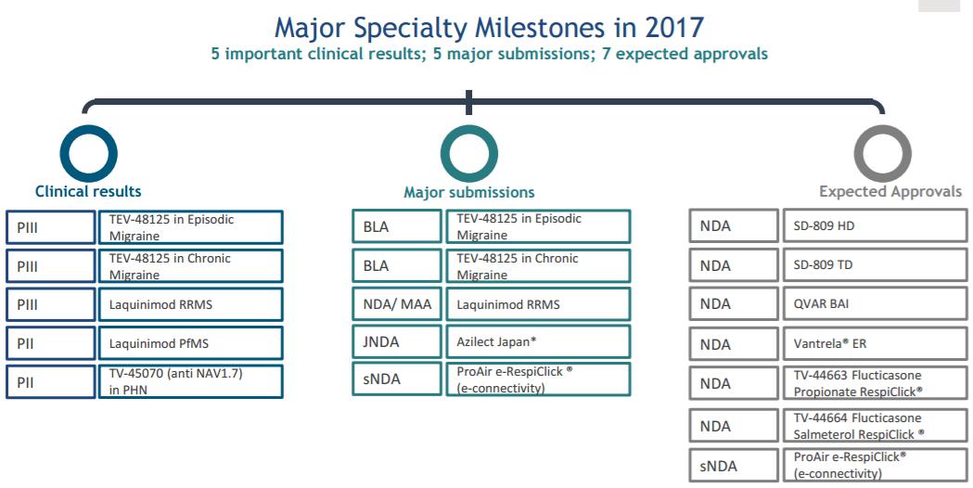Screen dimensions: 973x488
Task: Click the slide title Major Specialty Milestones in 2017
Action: tap(489, 27)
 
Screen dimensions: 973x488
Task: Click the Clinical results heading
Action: tap(88, 191)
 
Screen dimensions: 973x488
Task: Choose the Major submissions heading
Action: tap(469, 192)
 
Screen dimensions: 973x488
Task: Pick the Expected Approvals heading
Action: tap(890, 191)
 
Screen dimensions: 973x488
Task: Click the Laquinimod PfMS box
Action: tap(190, 343)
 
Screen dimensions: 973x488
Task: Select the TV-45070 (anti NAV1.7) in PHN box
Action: tap(190, 381)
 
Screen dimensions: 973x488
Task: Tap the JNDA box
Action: tap(396, 342)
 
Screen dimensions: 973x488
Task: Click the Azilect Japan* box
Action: tap(538, 342)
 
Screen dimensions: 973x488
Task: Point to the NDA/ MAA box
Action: tap(396, 304)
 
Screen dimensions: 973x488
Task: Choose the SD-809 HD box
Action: tap(875, 225)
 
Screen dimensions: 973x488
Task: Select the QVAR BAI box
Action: tap(875, 304)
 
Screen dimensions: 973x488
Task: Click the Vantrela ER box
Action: tap(875, 343)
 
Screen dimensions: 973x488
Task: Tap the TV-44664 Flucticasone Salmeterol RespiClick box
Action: tap(875, 426)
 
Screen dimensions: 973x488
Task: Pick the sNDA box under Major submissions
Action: tap(396, 379)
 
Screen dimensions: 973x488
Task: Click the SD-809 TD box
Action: tap(875, 265)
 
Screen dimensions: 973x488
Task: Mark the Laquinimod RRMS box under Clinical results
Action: tap(190, 304)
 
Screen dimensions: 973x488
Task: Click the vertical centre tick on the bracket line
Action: tap(469, 102)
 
